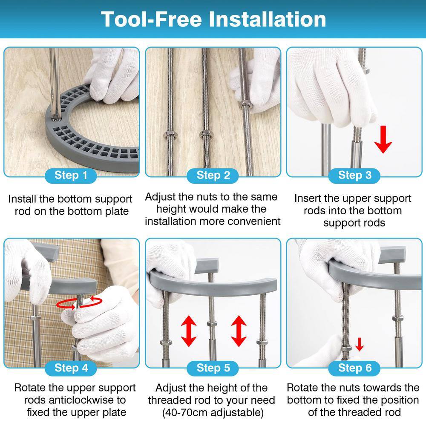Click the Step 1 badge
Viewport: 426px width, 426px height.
(x=71, y=176)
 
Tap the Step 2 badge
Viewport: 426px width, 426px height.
(x=213, y=176)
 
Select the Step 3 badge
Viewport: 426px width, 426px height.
(x=354, y=176)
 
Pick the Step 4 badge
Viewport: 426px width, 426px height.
(x=71, y=368)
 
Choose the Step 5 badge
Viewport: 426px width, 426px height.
(x=213, y=368)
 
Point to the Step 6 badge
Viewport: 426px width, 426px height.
(x=354, y=368)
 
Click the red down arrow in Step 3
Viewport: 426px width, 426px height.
(x=383, y=139)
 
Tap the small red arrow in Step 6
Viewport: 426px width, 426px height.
(x=360, y=344)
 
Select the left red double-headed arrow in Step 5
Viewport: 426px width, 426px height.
(x=189, y=331)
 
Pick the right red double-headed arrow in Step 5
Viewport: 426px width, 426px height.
(x=239, y=331)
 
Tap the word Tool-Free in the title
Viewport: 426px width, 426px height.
(x=151, y=19)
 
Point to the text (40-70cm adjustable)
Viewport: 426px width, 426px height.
(x=213, y=412)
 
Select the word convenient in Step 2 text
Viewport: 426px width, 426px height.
(x=254, y=222)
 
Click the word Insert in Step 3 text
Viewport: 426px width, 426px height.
(x=308, y=199)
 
